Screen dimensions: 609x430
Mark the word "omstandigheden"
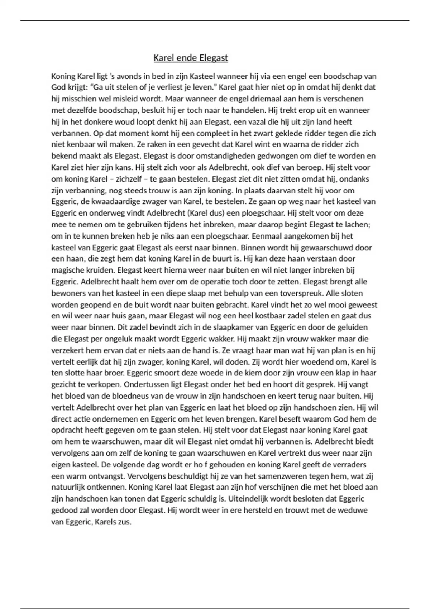(x=188, y=156)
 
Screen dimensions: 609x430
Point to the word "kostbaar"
(x=284, y=316)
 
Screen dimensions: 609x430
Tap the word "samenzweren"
(x=296, y=476)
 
